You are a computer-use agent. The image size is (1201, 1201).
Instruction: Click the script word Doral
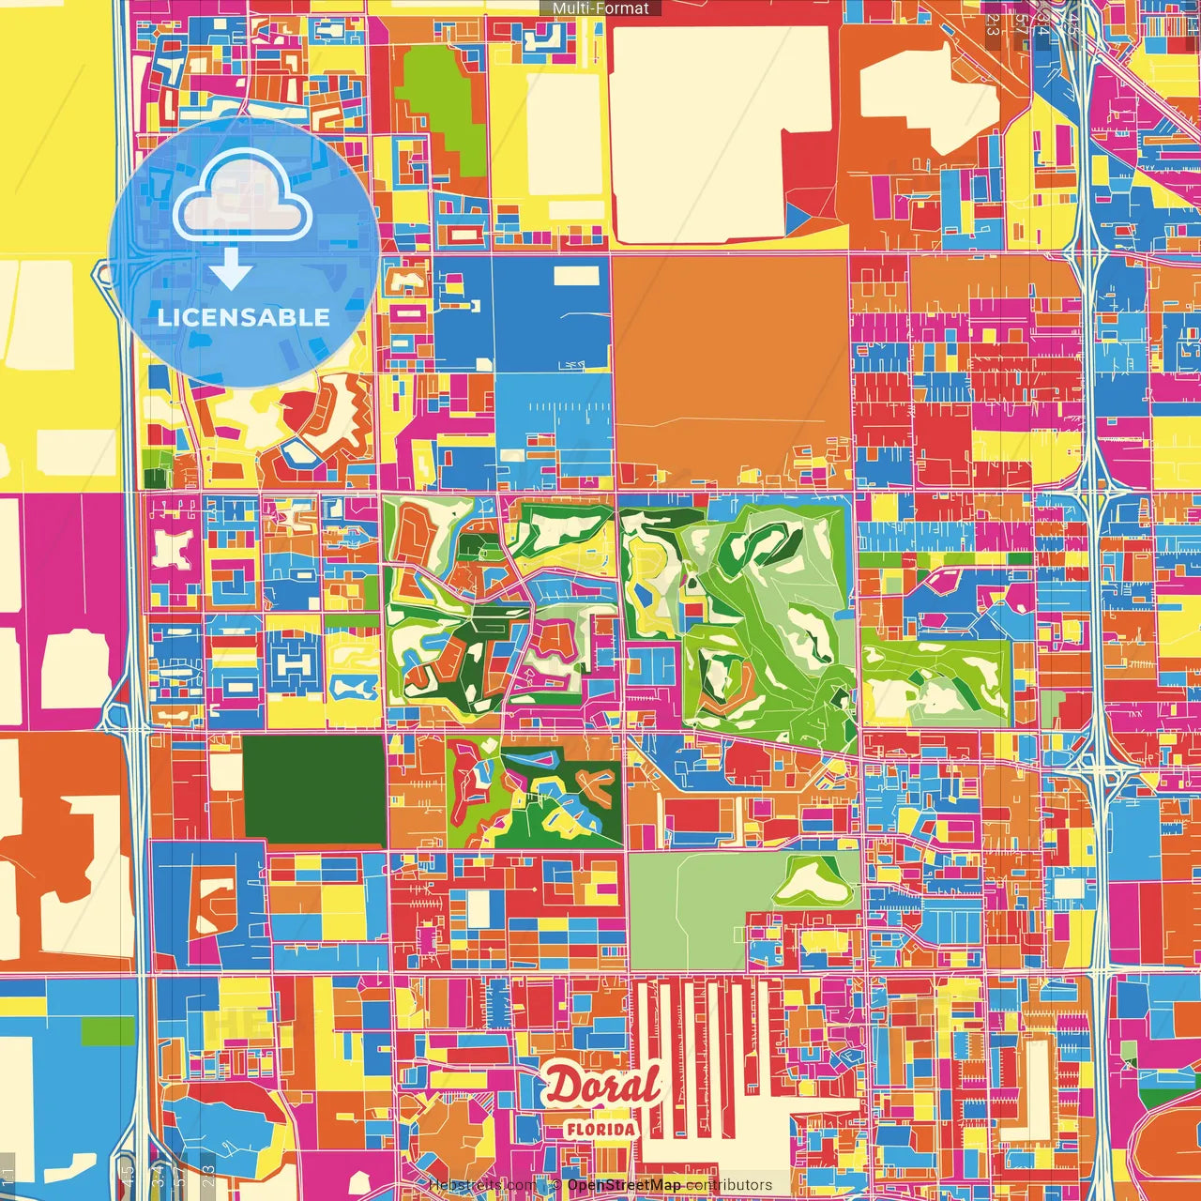(x=603, y=1087)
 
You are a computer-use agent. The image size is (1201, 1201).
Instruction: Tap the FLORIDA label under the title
(x=601, y=1129)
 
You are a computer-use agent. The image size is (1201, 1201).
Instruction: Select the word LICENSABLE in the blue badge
(x=243, y=317)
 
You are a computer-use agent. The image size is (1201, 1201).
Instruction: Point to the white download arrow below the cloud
(x=231, y=269)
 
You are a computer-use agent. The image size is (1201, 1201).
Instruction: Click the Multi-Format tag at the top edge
(x=600, y=8)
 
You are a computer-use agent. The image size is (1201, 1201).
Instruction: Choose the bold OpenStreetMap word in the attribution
(x=623, y=1185)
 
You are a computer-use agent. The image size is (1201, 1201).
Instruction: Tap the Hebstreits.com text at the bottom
(x=482, y=1185)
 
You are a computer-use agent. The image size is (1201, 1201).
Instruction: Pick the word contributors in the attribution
(x=729, y=1185)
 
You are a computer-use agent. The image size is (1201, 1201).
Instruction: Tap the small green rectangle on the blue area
(x=108, y=1031)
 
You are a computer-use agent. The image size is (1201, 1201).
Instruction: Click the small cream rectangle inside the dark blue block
(x=576, y=276)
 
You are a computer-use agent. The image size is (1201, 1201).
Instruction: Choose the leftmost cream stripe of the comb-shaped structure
(x=646, y=1041)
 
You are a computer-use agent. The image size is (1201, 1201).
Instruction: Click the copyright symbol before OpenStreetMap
(x=555, y=1185)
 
